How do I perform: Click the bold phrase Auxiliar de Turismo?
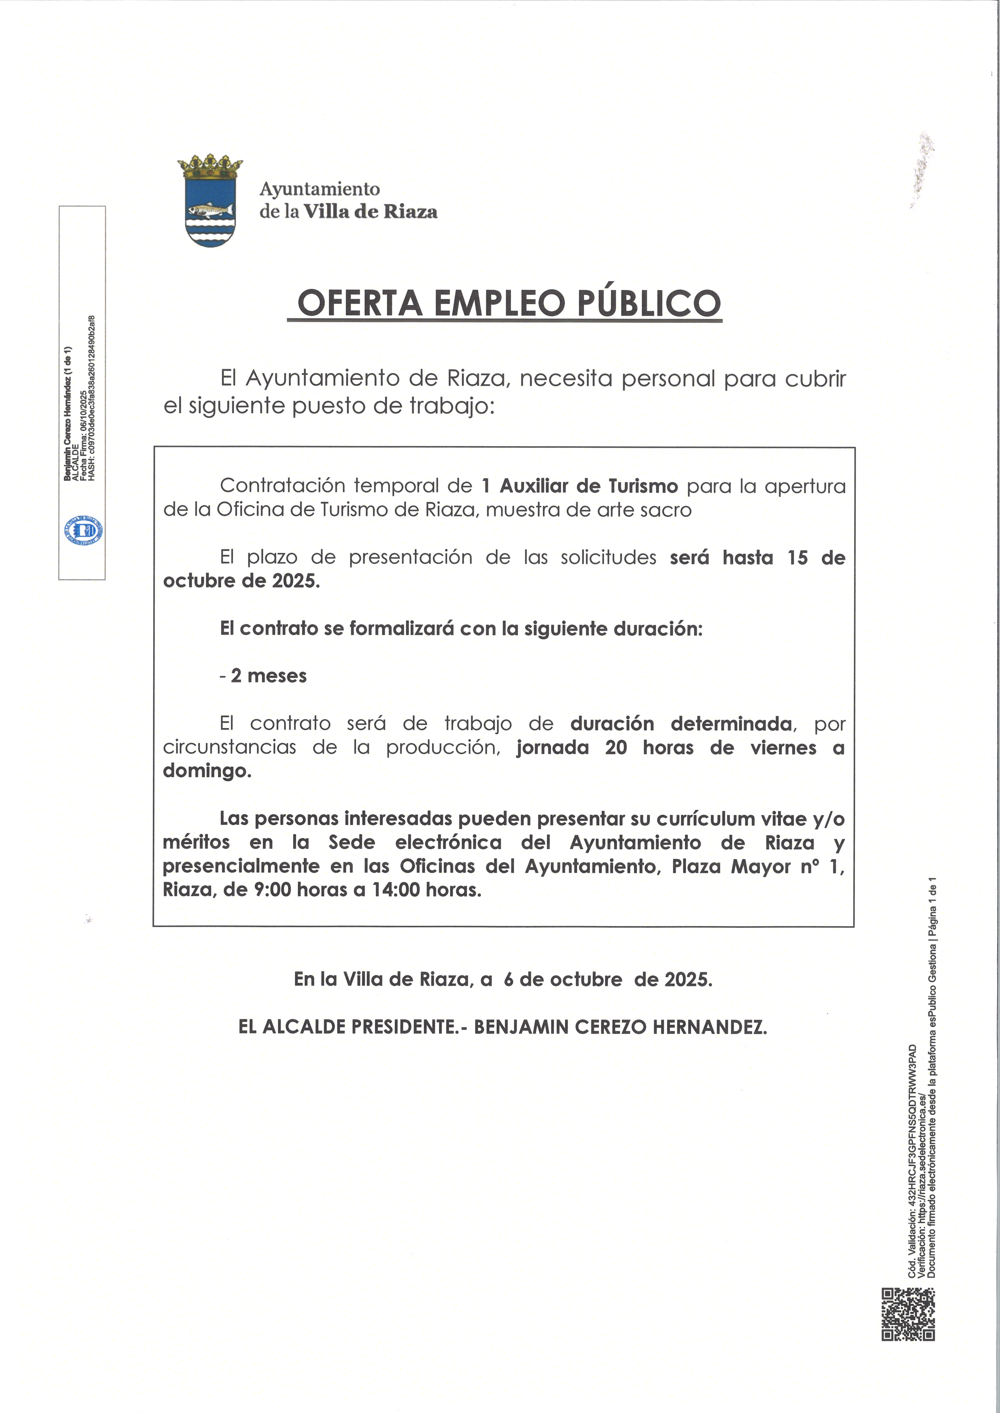pos(588,486)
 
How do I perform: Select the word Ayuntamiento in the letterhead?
pos(320,189)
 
